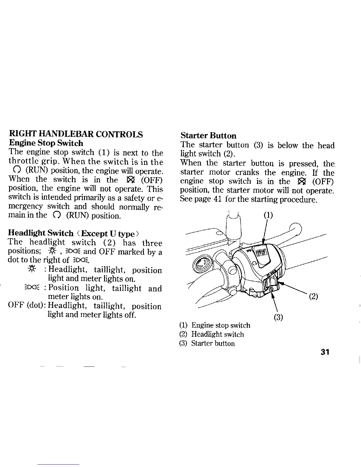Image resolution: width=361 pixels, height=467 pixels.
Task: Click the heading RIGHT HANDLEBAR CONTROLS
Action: click(x=76, y=134)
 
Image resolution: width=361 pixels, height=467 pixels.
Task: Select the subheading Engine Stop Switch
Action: click(x=46, y=143)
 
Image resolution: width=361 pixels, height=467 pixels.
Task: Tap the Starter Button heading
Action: click(x=208, y=136)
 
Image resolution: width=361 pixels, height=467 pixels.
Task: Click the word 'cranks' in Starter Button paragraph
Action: click(x=247, y=172)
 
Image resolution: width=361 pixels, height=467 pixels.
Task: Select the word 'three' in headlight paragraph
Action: click(x=152, y=243)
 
